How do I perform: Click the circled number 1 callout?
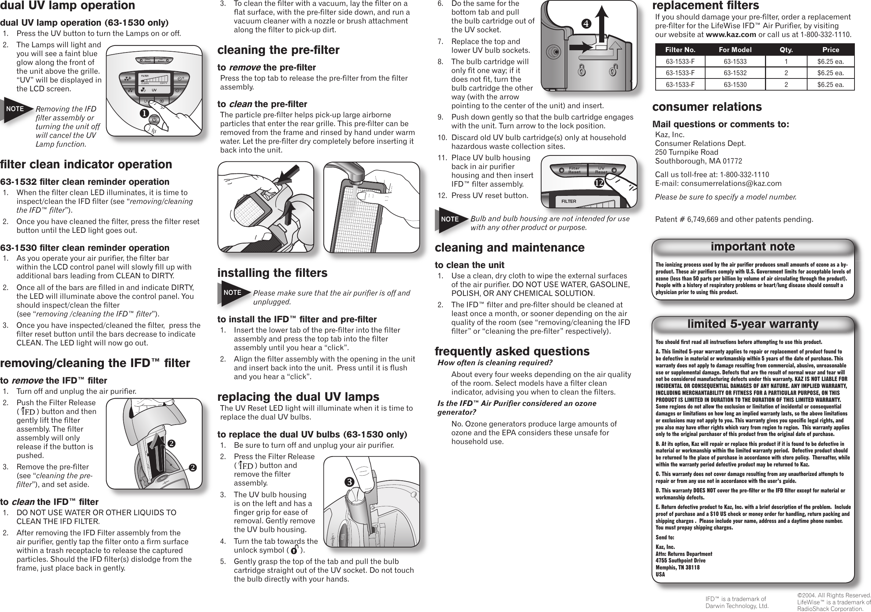point(144,113)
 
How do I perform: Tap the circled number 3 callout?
point(349,482)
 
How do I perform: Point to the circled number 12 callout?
point(599,183)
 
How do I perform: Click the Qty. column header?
point(786,50)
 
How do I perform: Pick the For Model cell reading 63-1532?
point(735,73)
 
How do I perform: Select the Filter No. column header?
point(680,50)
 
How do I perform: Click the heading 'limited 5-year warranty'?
point(752,324)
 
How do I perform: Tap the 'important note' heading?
point(752,246)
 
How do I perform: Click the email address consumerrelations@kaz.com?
point(731,183)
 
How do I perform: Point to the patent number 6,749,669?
point(703,220)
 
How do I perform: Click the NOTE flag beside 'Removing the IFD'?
point(15,109)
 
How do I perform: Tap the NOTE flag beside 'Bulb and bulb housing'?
point(450,219)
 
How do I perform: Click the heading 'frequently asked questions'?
point(512,351)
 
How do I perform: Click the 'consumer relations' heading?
point(707,107)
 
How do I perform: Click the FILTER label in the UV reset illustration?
point(569,201)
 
